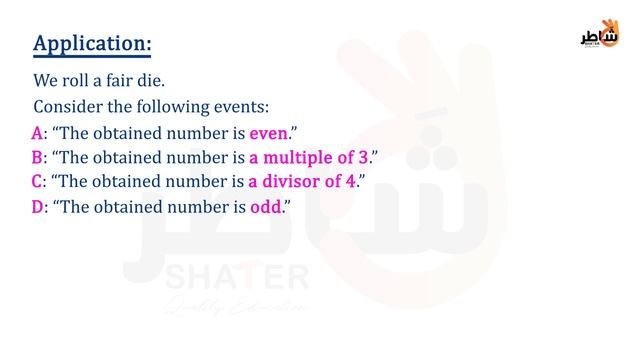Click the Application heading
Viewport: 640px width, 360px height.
(x=93, y=45)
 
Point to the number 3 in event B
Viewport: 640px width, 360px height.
(x=364, y=157)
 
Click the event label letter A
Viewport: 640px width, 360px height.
(x=38, y=133)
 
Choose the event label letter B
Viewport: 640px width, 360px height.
(x=38, y=157)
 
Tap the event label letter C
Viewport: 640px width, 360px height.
(x=38, y=181)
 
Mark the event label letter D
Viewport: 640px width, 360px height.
(x=38, y=207)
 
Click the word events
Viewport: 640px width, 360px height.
(x=243, y=106)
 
